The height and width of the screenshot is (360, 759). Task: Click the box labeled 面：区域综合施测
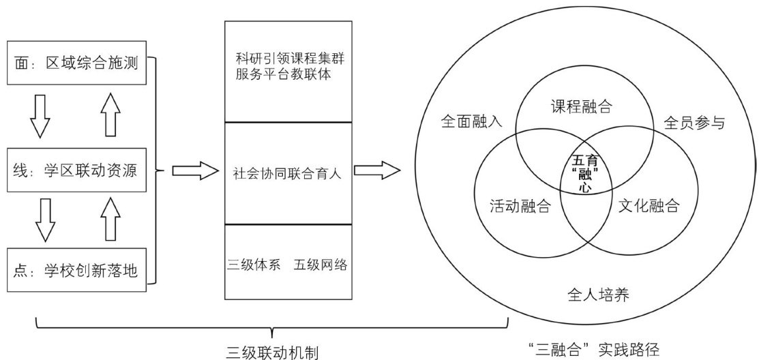(x=76, y=65)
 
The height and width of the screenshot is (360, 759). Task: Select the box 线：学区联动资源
(x=76, y=170)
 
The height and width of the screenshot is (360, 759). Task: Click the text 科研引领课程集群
(x=288, y=59)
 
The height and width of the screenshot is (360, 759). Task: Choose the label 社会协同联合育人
(x=288, y=172)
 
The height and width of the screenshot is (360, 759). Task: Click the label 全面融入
(x=471, y=123)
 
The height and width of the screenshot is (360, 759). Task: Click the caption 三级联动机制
(x=272, y=352)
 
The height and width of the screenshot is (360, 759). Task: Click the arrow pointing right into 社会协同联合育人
(x=193, y=170)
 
